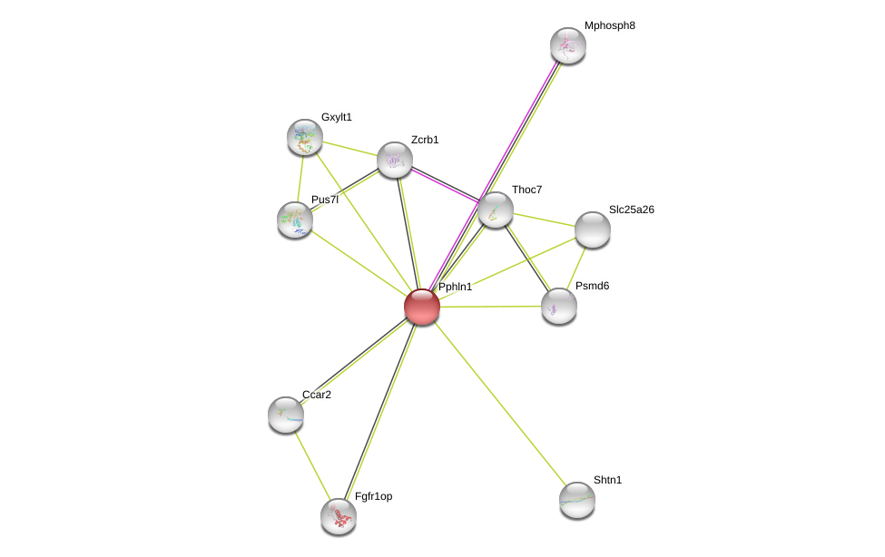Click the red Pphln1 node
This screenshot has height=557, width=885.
(422, 307)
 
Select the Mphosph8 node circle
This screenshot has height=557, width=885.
(568, 45)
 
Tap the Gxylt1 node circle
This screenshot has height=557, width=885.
(305, 137)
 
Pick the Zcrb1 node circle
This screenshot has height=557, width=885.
(395, 160)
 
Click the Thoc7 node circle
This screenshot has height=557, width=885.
(496, 210)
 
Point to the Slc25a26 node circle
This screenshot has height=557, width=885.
(593, 230)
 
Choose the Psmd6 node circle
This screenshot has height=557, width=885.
(559, 306)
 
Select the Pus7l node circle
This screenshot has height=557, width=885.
(295, 220)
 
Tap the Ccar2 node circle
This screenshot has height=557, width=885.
(286, 415)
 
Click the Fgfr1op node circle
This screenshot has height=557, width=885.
(339, 516)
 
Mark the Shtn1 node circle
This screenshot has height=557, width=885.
(577, 500)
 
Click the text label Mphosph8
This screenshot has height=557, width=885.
(609, 25)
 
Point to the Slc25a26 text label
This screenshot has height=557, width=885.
(631, 210)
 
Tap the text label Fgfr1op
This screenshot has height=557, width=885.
(373, 496)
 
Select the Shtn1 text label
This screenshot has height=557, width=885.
(607, 480)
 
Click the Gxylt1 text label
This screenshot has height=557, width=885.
(336, 117)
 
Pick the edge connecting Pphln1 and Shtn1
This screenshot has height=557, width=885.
(499, 403)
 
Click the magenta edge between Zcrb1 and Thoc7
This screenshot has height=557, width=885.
(445, 184)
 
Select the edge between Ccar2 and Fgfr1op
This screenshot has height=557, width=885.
(312, 465)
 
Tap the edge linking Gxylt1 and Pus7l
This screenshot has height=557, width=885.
(300, 178)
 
